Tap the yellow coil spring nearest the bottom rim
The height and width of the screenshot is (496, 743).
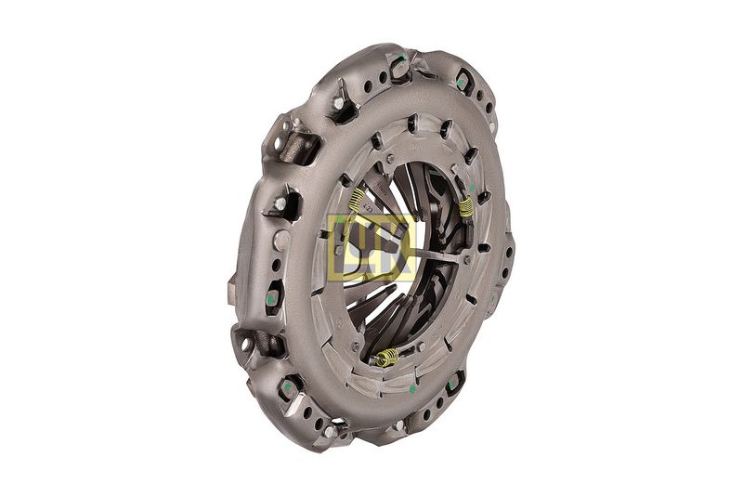tap(387, 357)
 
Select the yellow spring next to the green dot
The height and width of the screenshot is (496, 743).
tap(466, 206)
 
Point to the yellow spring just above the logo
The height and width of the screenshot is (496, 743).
tap(357, 200)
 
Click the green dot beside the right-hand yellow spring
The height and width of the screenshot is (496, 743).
tap(472, 188)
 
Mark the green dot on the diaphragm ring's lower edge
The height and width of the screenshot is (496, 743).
tap(412, 389)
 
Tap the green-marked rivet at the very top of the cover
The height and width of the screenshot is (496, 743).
tap(399, 61)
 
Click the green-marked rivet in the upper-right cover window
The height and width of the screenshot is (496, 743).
tap(461, 82)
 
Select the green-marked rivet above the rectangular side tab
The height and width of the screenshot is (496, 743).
tap(270, 299)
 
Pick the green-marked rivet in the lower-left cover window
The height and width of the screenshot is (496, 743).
tap(288, 388)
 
